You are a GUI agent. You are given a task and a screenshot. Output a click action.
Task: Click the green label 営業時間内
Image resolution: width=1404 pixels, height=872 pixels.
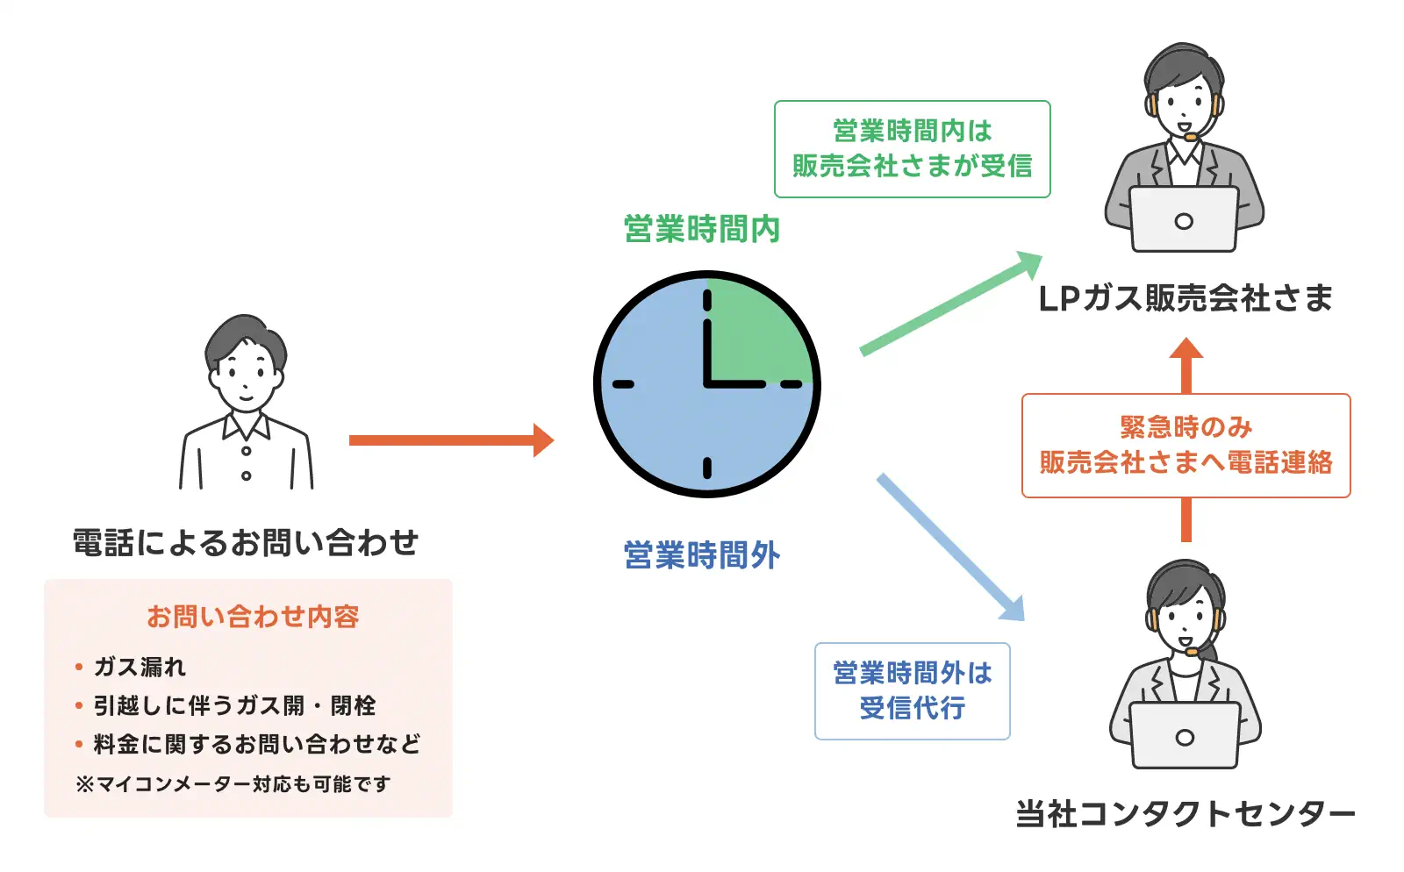coord(701,229)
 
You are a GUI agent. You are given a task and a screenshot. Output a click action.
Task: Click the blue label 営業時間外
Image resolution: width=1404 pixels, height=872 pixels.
coord(701,555)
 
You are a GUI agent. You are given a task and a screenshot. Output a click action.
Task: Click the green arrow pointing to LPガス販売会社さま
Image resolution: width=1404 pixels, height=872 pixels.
coord(948,304)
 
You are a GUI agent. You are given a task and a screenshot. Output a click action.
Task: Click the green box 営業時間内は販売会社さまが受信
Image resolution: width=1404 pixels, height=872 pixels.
coord(912,149)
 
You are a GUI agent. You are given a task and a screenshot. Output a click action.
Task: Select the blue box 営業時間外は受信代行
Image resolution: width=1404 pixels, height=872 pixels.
coord(912,691)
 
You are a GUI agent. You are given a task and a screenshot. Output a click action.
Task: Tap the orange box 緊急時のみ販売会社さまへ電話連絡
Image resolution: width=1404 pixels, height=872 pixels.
coord(1186,446)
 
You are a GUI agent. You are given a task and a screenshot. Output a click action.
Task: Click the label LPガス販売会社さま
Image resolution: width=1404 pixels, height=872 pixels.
coord(1186,299)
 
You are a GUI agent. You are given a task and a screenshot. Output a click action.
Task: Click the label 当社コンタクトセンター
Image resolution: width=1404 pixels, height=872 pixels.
coord(1186,814)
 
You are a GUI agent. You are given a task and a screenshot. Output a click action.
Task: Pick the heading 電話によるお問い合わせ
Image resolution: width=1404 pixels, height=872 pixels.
coord(246,543)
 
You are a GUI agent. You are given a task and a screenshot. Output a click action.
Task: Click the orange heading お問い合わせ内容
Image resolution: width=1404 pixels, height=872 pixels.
coord(253,617)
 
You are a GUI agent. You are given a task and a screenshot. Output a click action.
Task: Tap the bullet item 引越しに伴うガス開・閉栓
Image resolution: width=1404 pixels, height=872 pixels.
coord(234,705)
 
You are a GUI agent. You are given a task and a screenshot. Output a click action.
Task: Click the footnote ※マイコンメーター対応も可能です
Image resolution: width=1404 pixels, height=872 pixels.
coord(233,783)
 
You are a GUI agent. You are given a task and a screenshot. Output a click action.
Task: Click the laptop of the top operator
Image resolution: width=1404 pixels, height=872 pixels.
coord(1183,219)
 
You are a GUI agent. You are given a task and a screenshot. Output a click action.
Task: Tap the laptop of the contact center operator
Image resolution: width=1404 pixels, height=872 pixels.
coord(1184,735)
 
